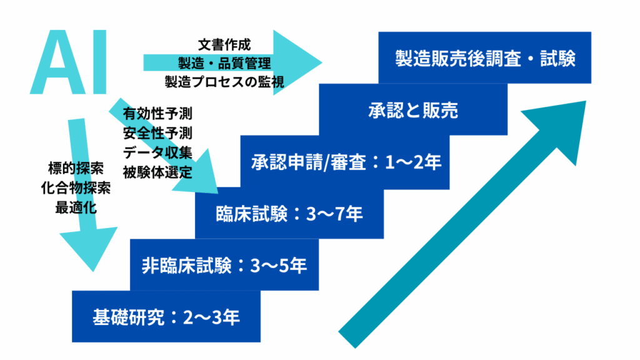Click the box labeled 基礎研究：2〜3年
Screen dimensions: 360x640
[x=166, y=317]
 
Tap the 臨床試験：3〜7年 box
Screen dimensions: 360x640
[x=289, y=214]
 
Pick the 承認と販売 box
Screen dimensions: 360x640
[x=412, y=111]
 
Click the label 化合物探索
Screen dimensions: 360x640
[x=76, y=187]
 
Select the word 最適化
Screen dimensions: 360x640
[x=76, y=207]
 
